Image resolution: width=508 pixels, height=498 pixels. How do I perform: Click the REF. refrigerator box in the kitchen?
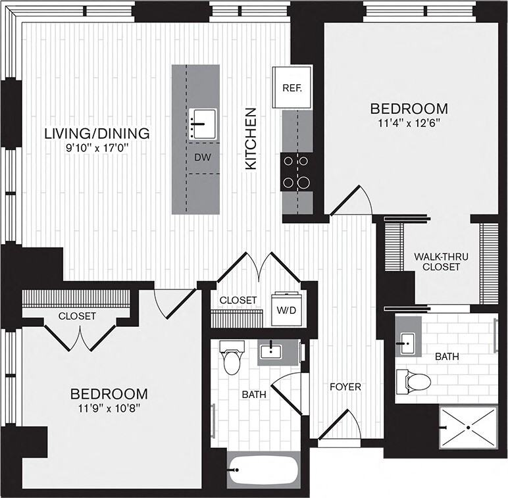click(x=292, y=87)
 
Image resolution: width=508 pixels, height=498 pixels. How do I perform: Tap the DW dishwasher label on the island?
click(x=203, y=157)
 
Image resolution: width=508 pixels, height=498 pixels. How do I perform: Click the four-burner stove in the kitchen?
click(x=297, y=171)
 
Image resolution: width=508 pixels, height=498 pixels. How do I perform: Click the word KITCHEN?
click(x=251, y=139)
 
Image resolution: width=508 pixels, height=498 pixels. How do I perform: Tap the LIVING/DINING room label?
click(x=97, y=134)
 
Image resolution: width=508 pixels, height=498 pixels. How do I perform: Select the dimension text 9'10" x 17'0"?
click(x=97, y=148)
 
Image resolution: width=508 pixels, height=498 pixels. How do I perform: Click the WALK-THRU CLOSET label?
click(x=440, y=262)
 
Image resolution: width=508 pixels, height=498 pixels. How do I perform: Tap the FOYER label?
click(x=345, y=387)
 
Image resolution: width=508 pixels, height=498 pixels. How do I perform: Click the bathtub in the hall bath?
click(x=263, y=469)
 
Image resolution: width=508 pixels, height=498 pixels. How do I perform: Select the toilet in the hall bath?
click(x=232, y=359)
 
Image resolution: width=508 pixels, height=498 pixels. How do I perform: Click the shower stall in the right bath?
click(x=468, y=427)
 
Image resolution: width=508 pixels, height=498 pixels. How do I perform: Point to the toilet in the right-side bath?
click(x=414, y=380)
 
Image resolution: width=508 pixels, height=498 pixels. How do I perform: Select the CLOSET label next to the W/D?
click(x=238, y=300)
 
